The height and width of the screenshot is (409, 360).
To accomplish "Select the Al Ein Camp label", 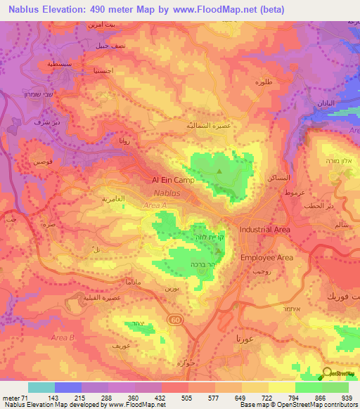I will click(x=173, y=180).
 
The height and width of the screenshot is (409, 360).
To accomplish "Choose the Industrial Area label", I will click(x=264, y=230).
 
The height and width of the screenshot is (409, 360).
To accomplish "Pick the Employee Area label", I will click(x=266, y=258).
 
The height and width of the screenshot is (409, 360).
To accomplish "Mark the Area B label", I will click(x=63, y=338).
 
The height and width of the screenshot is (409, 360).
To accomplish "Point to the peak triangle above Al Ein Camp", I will click(x=219, y=170).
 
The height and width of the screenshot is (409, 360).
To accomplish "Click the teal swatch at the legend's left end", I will click(x=41, y=387).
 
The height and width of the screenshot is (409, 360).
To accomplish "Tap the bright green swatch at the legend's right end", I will click(x=335, y=387).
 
